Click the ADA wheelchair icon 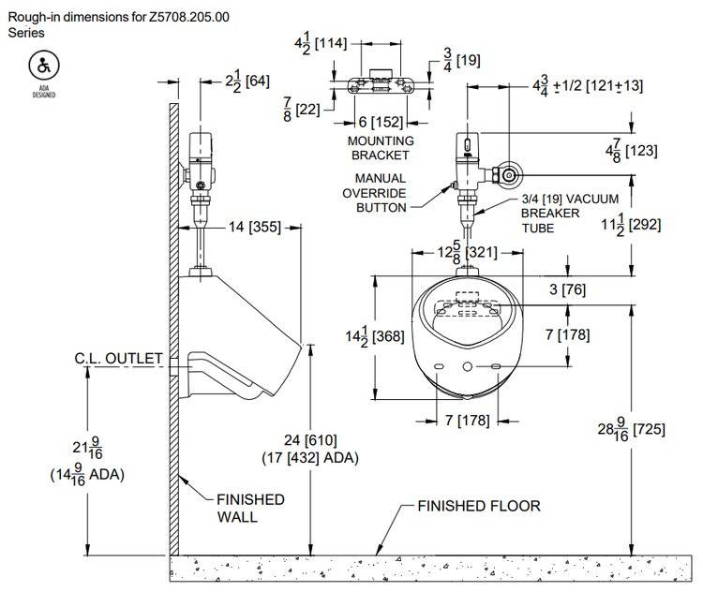41,67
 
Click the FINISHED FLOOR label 479,506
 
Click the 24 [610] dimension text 311,440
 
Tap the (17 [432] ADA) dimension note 310,457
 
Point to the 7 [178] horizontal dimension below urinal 466,420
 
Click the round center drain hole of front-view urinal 467,364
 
